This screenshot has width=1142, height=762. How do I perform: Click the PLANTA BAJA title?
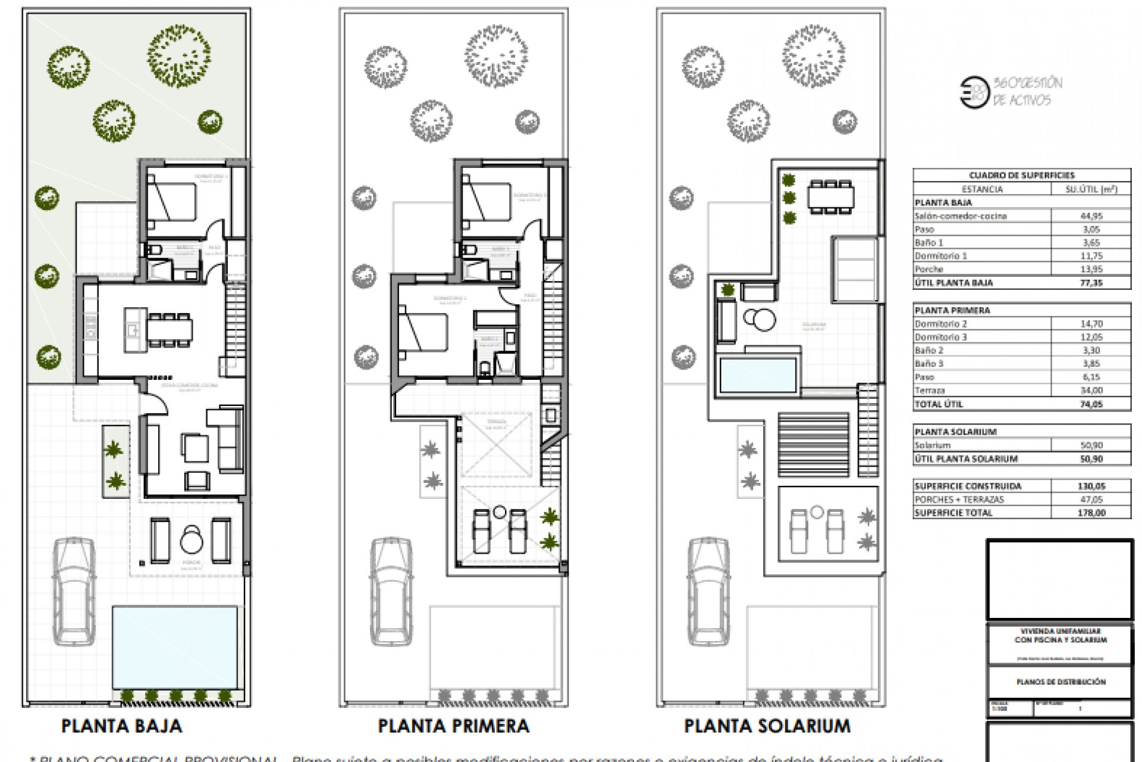click(x=121, y=726)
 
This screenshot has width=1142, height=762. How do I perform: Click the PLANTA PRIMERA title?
click(x=453, y=726)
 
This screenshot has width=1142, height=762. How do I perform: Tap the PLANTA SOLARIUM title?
click(x=767, y=726)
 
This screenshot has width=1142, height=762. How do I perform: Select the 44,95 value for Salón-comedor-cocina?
click(x=1090, y=216)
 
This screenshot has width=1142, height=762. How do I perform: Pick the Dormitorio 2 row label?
click(x=941, y=324)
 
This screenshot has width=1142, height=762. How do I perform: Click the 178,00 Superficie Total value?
click(x=1090, y=513)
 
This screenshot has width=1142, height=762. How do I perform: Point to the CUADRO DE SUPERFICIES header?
click(x=1021, y=175)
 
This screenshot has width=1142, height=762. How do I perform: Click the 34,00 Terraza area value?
click(x=1090, y=391)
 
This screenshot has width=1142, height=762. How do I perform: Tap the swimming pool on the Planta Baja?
click(x=174, y=646)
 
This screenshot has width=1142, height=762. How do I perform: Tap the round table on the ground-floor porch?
click(x=192, y=541)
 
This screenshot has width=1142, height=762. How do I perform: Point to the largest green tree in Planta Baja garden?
click(x=178, y=57)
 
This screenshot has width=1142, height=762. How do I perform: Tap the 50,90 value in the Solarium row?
click(x=1090, y=445)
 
